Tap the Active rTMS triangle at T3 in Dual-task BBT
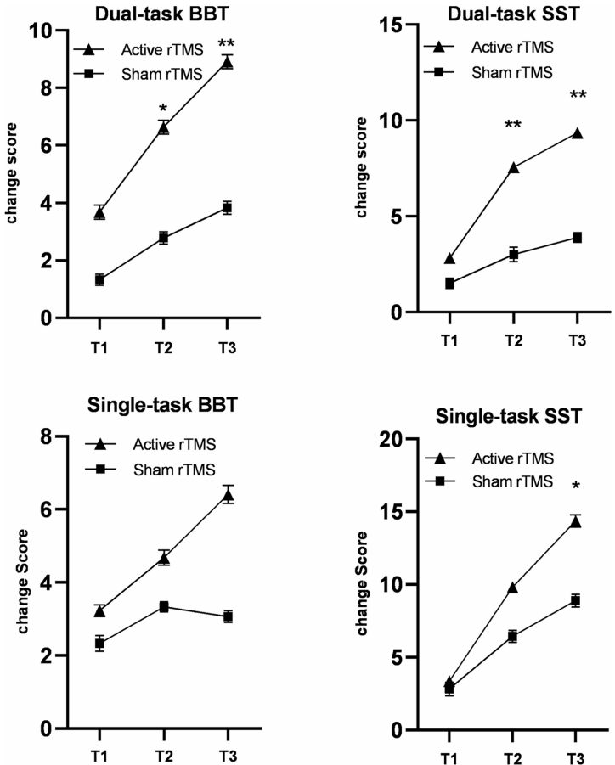point(228,62)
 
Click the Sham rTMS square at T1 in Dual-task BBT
point(99,279)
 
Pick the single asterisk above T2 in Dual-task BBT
point(163,110)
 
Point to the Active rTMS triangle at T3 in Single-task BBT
point(228,496)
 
